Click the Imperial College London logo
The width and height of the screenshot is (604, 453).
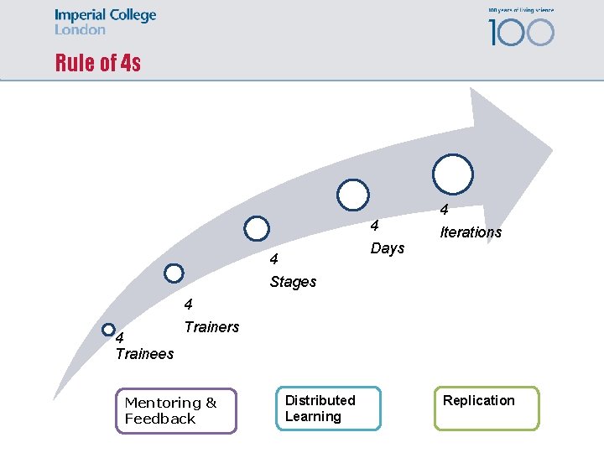point(105,22)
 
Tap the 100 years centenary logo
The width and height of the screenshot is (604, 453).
point(521,27)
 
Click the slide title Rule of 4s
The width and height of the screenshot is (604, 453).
point(98,63)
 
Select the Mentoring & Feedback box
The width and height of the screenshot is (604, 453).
point(176,410)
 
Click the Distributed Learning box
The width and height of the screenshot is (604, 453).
point(328,409)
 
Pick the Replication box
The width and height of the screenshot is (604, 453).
point(486,408)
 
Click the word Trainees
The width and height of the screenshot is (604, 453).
point(144,353)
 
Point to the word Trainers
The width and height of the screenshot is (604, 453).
point(211,327)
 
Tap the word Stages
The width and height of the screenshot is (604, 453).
point(293,282)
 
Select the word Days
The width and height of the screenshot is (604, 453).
point(388,248)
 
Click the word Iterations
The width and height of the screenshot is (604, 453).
point(471,232)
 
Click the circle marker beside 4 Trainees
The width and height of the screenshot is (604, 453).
point(108,331)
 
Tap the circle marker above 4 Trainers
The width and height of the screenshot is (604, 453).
point(174,273)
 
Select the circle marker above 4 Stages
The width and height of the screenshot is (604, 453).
point(257,228)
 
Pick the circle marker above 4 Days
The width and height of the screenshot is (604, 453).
point(353,195)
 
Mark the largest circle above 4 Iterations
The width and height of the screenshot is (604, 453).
point(453,174)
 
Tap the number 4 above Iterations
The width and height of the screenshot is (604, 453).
point(445,210)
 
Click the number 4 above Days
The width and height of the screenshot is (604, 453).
point(375,226)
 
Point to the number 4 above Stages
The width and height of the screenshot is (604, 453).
point(273,260)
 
